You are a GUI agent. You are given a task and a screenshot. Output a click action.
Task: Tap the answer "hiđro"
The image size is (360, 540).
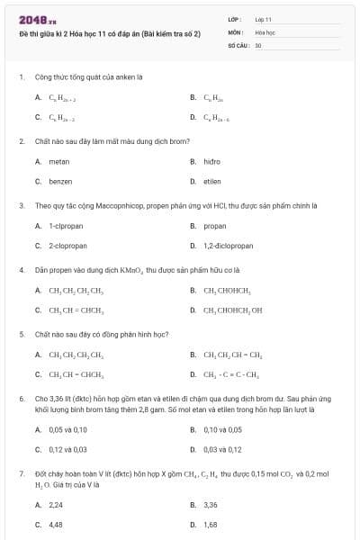[212, 161]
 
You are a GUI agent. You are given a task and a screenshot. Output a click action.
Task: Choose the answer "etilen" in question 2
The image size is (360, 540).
[212, 181]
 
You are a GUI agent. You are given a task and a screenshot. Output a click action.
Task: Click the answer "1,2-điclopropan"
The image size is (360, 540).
[229, 245]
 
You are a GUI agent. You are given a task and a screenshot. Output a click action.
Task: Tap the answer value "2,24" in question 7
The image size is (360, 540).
[56, 505]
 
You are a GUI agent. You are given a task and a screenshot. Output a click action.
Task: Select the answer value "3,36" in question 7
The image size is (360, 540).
[211, 505]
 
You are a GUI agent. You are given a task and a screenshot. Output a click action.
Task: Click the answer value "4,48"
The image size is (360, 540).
[56, 524]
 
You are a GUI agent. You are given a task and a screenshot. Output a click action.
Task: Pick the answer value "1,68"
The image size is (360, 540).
[211, 524]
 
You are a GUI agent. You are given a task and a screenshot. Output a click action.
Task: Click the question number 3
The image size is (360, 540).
[21, 205]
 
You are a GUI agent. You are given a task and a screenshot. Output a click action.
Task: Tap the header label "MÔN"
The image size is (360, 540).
[234, 31]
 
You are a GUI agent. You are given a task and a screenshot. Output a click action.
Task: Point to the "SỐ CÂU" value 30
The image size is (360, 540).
[258, 44]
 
